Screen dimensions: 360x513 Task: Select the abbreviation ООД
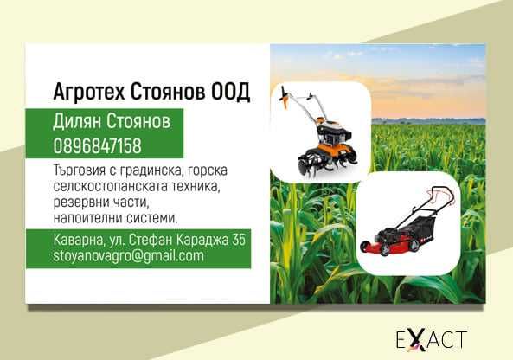tap(230, 91)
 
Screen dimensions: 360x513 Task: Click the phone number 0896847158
tap(97, 145)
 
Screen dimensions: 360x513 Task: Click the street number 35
tap(238, 240)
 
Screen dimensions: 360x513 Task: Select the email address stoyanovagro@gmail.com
tap(128, 256)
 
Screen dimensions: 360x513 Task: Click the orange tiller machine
tap(315, 138)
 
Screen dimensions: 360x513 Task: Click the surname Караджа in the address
tap(202, 240)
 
